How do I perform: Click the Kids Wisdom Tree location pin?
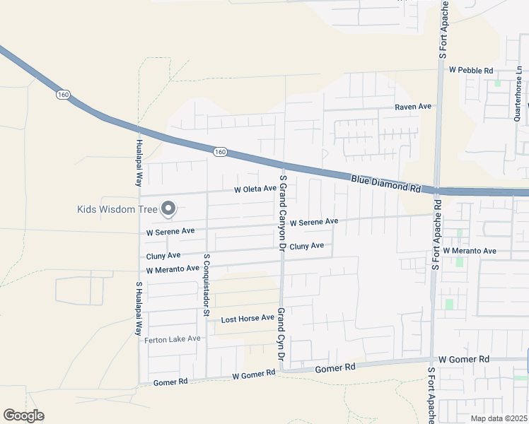168,208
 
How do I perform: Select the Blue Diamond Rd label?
385,185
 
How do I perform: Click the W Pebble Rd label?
470,70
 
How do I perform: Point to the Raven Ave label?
413,106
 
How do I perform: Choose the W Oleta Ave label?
255,189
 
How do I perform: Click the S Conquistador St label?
207,285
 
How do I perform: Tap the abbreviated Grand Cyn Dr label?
281,335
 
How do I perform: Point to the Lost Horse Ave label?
247,318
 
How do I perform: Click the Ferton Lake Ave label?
173,339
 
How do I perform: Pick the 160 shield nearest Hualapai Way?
63,95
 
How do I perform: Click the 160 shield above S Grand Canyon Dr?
220,151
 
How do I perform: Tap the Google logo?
24,416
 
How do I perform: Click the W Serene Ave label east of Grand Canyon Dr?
313,222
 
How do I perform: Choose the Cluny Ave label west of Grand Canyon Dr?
163,255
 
